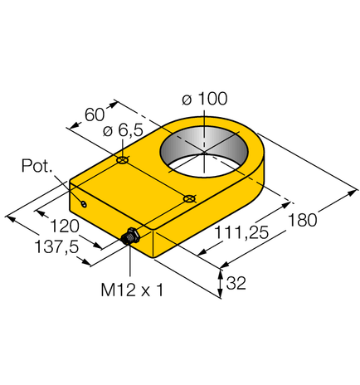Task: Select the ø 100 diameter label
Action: [204, 99]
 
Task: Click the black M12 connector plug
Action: [129, 239]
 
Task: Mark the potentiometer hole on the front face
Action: [83, 204]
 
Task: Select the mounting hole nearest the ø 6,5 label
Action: [123, 159]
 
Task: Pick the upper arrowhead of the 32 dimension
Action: [221, 270]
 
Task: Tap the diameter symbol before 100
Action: [186, 99]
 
